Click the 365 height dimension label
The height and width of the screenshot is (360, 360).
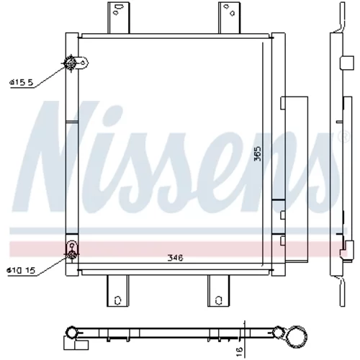click(x=258, y=153)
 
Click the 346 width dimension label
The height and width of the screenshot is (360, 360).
click(x=175, y=258)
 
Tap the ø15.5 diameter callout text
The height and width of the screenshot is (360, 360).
click(x=21, y=83)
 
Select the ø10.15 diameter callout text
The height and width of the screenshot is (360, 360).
click(x=21, y=271)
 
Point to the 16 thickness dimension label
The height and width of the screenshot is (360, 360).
click(x=240, y=351)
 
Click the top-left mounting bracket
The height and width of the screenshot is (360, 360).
click(x=118, y=17)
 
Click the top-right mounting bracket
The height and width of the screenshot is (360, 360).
click(x=229, y=17)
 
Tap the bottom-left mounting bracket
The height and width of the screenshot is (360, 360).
click(x=117, y=291)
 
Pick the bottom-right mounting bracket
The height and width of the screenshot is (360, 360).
click(x=218, y=291)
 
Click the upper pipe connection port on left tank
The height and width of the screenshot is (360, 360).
click(x=71, y=63)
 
